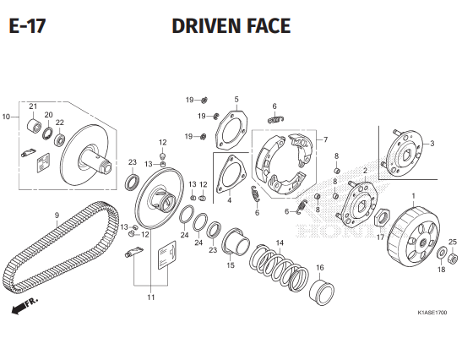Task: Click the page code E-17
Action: click(27, 25)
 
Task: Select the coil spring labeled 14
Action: click(279, 265)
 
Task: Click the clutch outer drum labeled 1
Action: click(413, 237)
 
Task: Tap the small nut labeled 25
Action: click(453, 259)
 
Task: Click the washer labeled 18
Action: click(442, 253)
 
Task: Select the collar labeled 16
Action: click(322, 292)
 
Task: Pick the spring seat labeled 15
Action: click(236, 241)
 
